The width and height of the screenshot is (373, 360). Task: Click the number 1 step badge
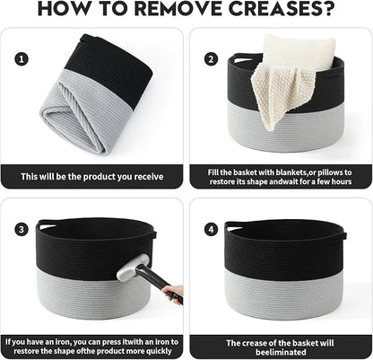22,58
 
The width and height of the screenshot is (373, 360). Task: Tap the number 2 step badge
211,59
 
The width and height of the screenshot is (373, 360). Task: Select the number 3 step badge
22,230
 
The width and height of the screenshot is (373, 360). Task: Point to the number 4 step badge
211,230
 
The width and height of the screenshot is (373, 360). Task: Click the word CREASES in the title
282,8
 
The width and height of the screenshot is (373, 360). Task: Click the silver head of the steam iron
133,268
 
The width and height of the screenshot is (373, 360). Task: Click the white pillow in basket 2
299,53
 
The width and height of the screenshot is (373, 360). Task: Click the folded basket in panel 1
96,94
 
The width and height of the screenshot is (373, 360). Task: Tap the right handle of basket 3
153,234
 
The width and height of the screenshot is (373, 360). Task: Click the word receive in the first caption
149,177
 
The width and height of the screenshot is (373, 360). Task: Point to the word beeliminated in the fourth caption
281,353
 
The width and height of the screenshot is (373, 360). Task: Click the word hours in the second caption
342,181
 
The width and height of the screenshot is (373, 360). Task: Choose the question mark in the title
329,8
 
